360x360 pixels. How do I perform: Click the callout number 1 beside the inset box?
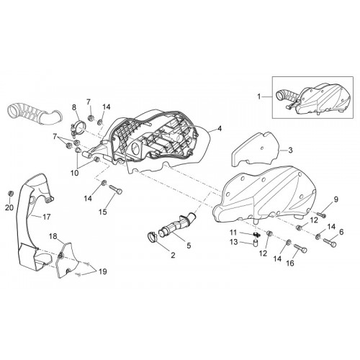258,96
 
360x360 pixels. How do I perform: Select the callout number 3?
290,150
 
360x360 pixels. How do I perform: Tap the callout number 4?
220,129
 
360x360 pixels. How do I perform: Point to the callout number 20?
9,207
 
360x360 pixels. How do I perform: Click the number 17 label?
46,217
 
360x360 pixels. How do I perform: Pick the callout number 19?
103,271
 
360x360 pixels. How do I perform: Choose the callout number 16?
290,264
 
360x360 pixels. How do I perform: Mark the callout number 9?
336,199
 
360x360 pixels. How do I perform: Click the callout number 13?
233,242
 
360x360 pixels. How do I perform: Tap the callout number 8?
74,107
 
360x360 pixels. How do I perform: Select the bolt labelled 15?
116,189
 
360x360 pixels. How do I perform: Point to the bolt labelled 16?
300,248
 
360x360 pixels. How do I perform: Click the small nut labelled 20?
10,193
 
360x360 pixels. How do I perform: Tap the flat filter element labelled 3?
256,149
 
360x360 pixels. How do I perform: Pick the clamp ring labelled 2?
152,237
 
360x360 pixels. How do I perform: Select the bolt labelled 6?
330,242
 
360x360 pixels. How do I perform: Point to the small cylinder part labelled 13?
256,243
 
